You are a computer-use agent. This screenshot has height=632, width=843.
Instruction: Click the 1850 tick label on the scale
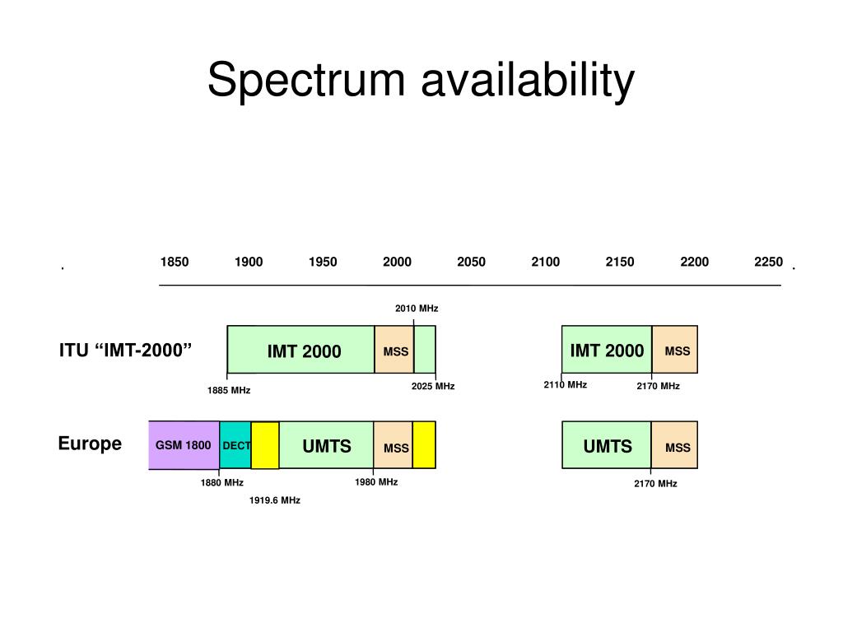click(x=175, y=263)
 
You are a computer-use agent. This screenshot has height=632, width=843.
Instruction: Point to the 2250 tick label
click(x=768, y=263)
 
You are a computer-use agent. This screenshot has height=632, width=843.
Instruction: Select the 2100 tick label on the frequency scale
click(x=545, y=263)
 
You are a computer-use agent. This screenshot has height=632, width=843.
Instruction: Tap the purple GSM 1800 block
click(x=184, y=445)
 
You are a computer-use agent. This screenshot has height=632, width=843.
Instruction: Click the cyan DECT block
click(x=235, y=445)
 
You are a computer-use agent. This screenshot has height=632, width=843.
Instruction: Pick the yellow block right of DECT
click(x=265, y=445)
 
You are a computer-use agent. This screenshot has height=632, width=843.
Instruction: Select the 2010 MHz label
click(x=417, y=309)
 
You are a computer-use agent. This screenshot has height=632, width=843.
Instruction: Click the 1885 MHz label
click(x=229, y=390)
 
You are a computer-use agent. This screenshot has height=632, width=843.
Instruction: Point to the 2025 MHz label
click(x=433, y=386)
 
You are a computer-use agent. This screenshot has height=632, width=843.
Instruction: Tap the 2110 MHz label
click(x=565, y=384)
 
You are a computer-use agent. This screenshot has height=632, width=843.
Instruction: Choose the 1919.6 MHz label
click(x=275, y=500)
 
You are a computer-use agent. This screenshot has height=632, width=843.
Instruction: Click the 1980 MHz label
click(x=376, y=482)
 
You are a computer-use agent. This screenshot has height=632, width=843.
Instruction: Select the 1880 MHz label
click(x=221, y=483)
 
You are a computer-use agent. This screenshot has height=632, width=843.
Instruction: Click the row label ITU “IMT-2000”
click(x=125, y=350)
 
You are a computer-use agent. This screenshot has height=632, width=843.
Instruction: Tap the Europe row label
click(x=90, y=444)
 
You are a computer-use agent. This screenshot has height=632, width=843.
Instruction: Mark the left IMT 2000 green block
click(x=303, y=351)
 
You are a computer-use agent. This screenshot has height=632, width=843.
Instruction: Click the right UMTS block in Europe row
click(x=608, y=446)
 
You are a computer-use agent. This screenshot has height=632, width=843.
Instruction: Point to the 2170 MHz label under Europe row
click(x=655, y=484)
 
